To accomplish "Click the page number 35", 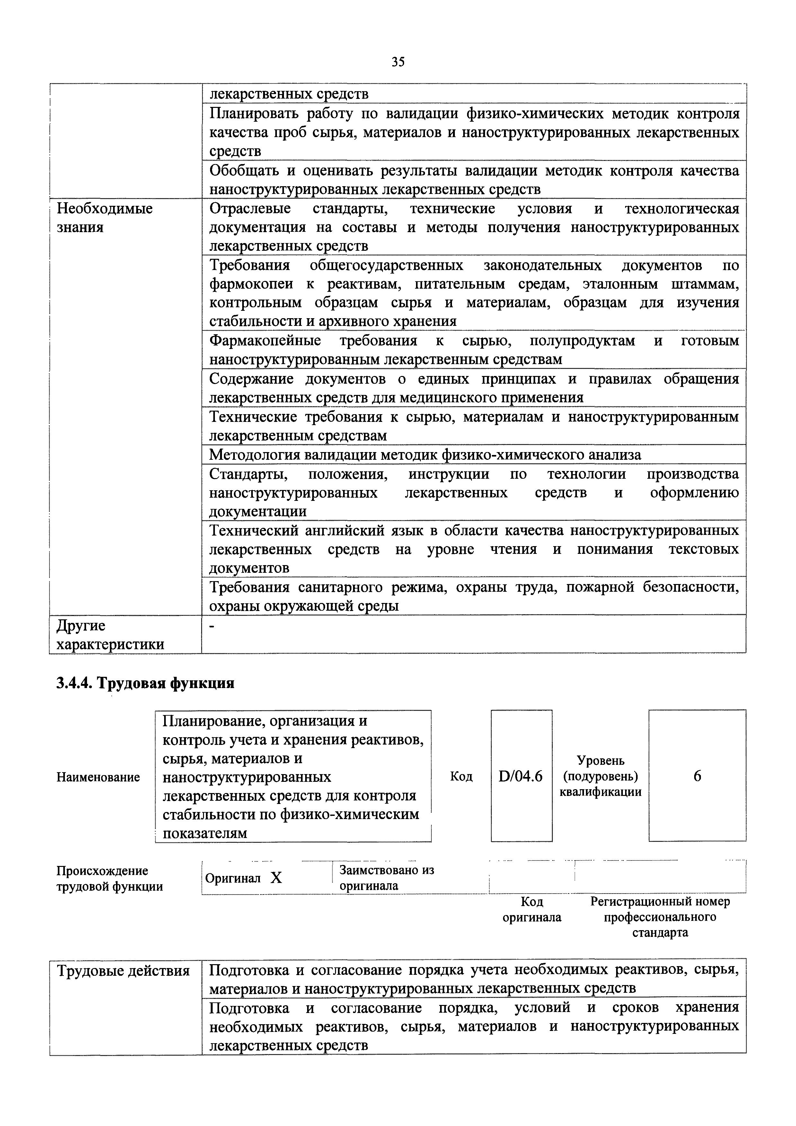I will pos(398,62).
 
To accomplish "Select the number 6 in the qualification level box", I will pos(697,776).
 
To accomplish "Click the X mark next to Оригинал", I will pos(276,878).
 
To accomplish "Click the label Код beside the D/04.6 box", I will pos(461,776).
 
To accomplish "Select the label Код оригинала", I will pos(532,909).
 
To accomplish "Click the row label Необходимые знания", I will pos(104,218).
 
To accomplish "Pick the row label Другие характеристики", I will pos(110,635).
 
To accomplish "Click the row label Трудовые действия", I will pos(123,971).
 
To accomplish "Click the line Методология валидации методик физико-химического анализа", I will pos(425,455).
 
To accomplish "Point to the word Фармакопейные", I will pos(265,340).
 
